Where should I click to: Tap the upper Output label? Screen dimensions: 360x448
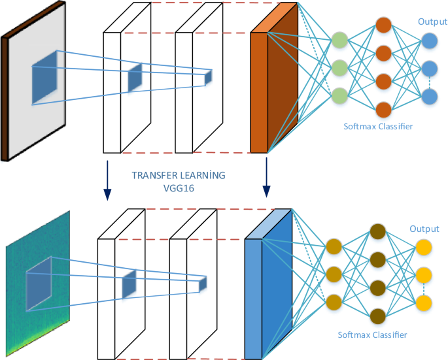point(432,22)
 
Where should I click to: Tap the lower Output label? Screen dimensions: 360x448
point(424,229)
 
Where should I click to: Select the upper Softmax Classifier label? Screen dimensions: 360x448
point(379,125)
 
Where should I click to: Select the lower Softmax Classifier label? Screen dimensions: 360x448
point(372,335)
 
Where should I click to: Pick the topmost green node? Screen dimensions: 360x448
point(339,41)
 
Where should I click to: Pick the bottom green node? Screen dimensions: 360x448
point(339,95)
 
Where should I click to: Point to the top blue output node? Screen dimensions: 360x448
point(430,41)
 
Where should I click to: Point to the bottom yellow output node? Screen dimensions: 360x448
point(424,303)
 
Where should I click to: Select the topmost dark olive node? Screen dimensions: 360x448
point(377,232)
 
